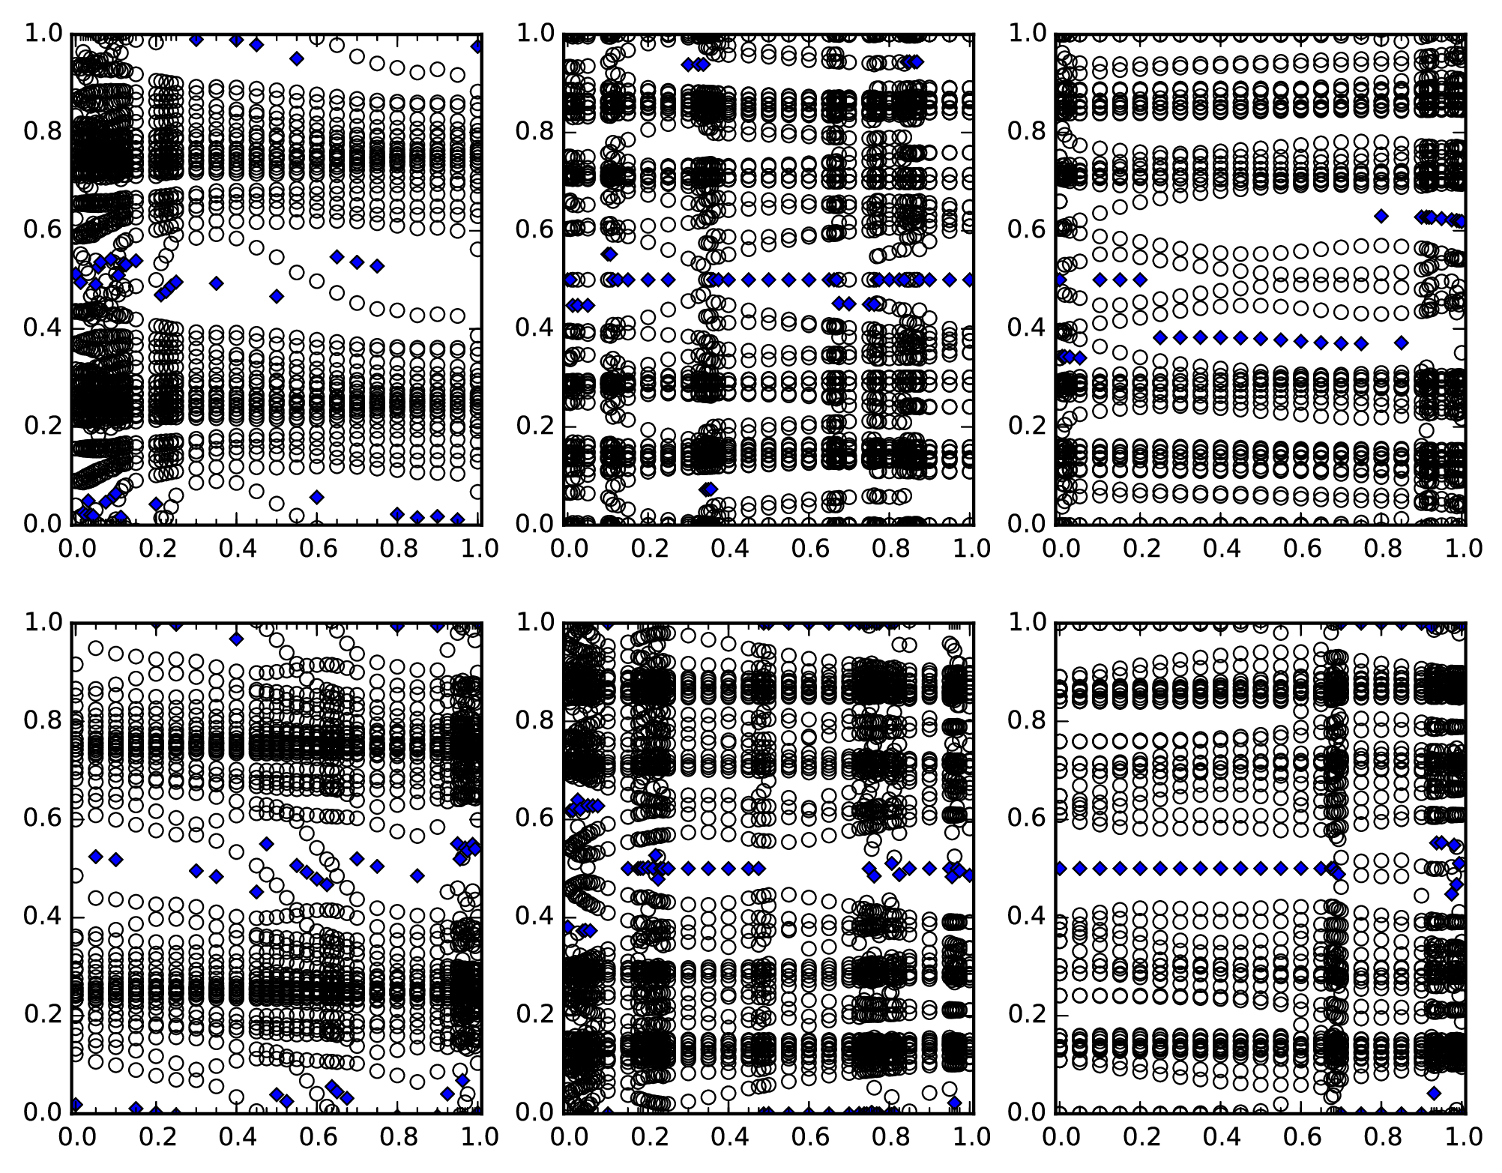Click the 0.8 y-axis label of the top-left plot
coord(43,132)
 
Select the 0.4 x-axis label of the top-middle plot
coord(729,548)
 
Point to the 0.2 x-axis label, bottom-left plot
coord(155,1136)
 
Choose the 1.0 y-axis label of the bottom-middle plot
coord(534,623)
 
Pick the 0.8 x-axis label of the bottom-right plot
coord(1384,1136)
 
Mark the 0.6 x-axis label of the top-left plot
coord(319,548)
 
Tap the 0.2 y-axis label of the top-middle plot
coord(534,426)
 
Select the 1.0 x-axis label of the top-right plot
coord(1465,548)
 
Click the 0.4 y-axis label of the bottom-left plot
coord(43,917)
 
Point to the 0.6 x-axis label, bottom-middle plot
coord(810,1136)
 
